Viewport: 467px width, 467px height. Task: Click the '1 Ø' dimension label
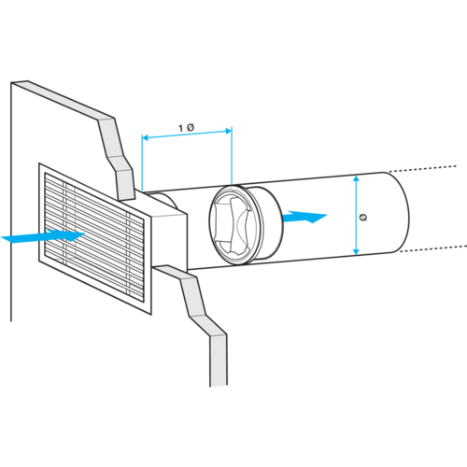point(187,128)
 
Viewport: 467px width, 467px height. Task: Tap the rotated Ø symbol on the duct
point(363,217)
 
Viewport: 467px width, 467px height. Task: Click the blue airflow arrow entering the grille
point(43,235)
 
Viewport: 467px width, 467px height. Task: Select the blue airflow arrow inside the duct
point(304,217)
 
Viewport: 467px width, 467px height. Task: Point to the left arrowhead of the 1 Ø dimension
point(145,137)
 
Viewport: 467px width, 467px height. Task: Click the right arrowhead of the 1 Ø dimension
point(229,131)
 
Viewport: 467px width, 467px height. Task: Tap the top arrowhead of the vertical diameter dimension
point(357,178)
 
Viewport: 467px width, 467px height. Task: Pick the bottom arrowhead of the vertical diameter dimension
point(357,251)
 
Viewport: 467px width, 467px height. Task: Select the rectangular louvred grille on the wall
point(94,238)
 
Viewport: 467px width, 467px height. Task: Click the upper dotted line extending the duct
point(422,169)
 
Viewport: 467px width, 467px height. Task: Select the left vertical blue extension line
point(142,163)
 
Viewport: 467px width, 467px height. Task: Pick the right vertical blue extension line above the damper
point(232,156)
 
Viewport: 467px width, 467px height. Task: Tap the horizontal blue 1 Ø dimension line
point(187,134)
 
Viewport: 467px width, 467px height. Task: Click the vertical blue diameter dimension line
point(357,215)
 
